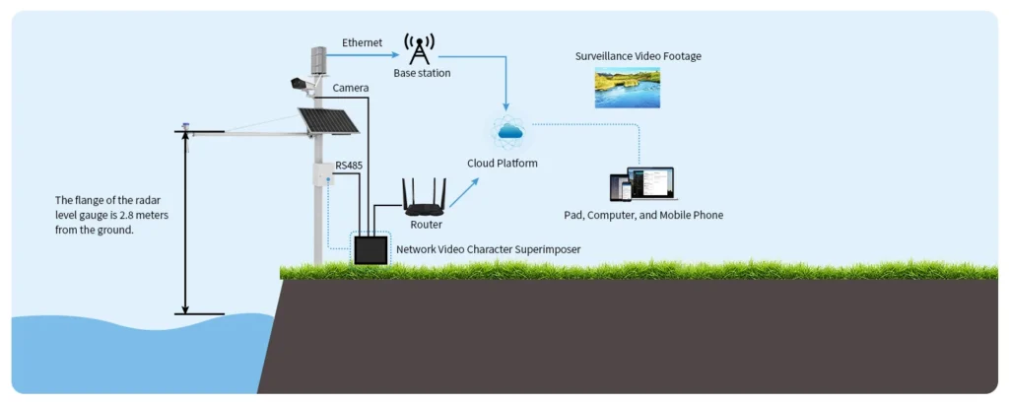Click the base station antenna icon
click(x=421, y=49)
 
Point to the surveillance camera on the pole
click(x=302, y=85)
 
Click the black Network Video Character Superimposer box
click(x=370, y=249)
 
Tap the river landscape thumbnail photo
click(x=627, y=88)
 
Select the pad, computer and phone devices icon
click(x=640, y=184)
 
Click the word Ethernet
click(x=363, y=43)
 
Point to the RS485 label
click(x=349, y=166)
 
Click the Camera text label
click(x=351, y=89)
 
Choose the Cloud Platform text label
click(x=503, y=163)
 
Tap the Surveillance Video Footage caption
click(x=639, y=56)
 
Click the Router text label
click(x=426, y=225)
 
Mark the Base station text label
click(x=422, y=74)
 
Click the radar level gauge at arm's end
click(x=184, y=127)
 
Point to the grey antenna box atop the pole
click(x=318, y=60)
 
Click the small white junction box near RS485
click(x=322, y=173)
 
